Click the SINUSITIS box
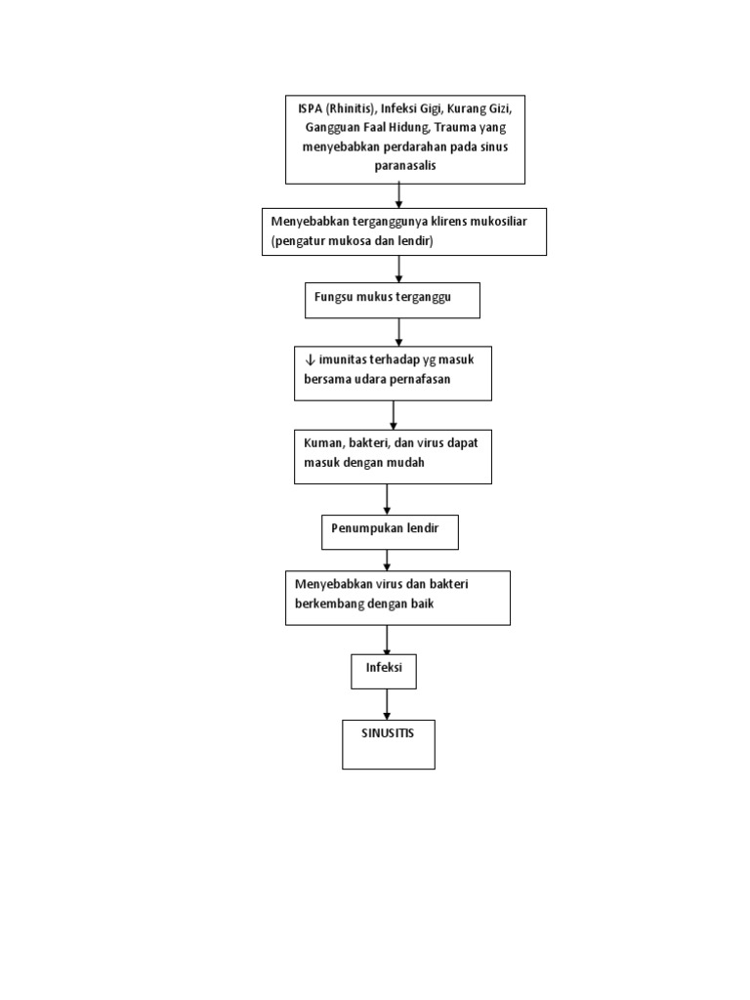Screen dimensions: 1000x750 (388, 744)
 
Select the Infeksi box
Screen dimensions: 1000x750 (384, 671)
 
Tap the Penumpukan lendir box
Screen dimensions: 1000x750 (389, 532)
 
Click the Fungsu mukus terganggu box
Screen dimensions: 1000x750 (393, 300)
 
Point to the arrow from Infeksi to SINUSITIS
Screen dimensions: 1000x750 (387, 704)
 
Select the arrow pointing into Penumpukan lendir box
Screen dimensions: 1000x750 (388, 499)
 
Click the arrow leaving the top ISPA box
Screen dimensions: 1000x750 (399, 195)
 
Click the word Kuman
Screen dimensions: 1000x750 (323, 441)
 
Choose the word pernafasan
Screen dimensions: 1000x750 (419, 379)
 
